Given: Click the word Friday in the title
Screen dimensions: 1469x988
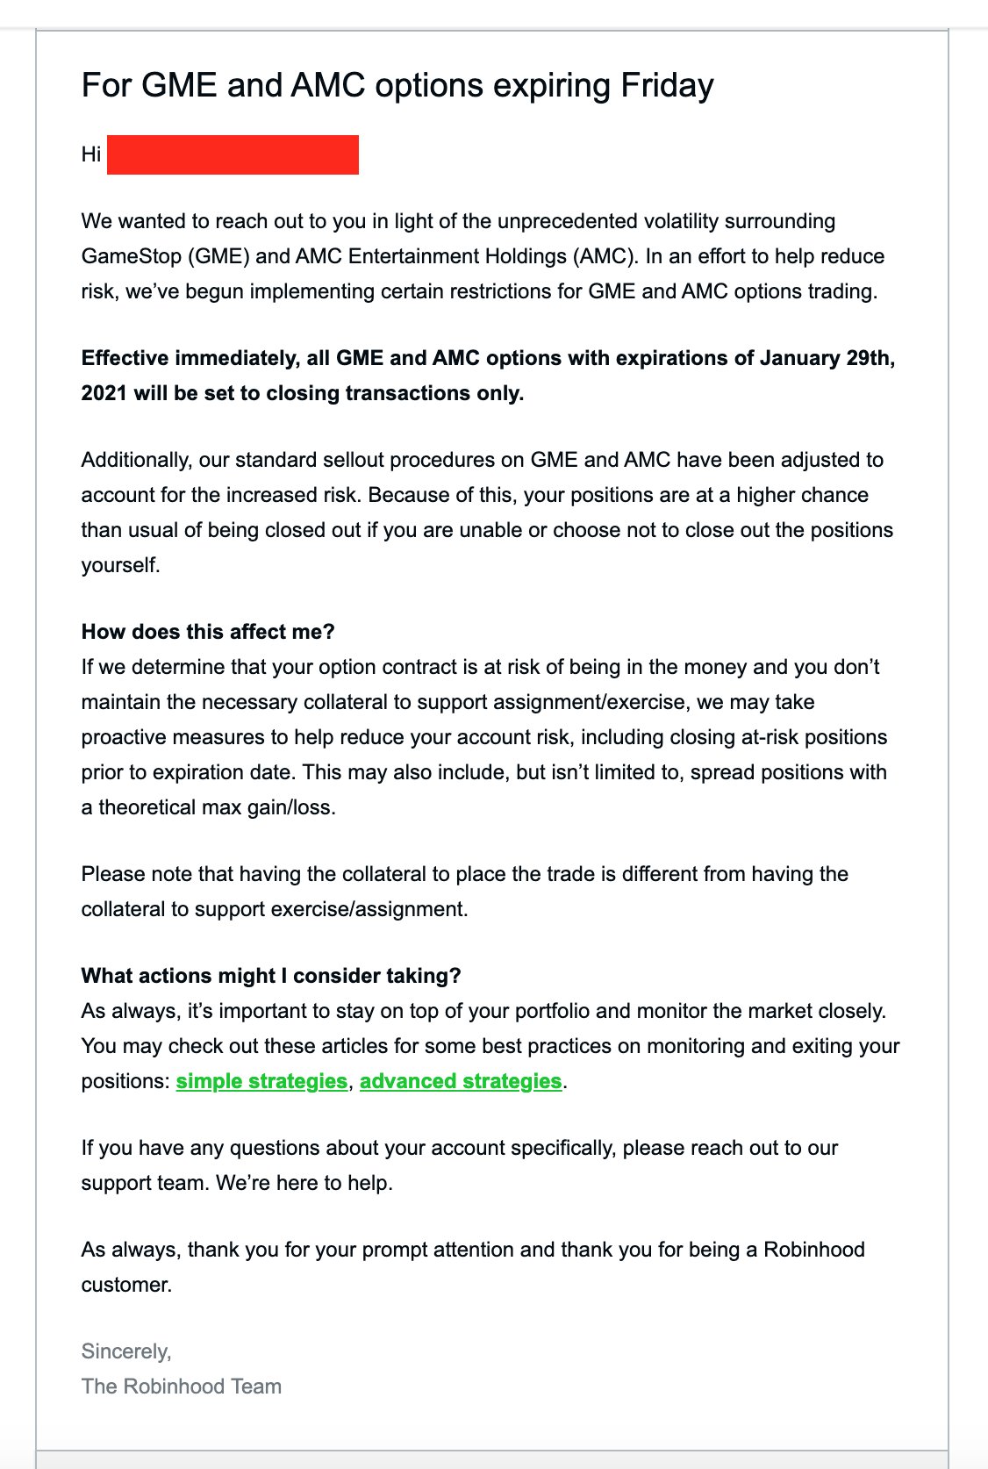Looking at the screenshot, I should (667, 86).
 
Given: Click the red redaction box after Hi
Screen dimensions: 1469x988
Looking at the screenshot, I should (233, 154).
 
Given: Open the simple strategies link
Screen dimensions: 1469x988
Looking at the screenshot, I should (261, 1081).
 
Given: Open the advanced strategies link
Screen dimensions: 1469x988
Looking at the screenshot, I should (461, 1081).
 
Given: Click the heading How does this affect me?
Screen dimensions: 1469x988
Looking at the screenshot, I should (208, 632).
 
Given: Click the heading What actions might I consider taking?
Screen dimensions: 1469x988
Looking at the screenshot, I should (271, 976).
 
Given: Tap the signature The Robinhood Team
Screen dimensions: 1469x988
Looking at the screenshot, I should (182, 1387).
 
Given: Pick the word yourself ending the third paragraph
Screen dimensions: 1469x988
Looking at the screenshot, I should (120, 565).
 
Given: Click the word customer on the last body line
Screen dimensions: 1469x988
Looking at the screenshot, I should (126, 1285).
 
